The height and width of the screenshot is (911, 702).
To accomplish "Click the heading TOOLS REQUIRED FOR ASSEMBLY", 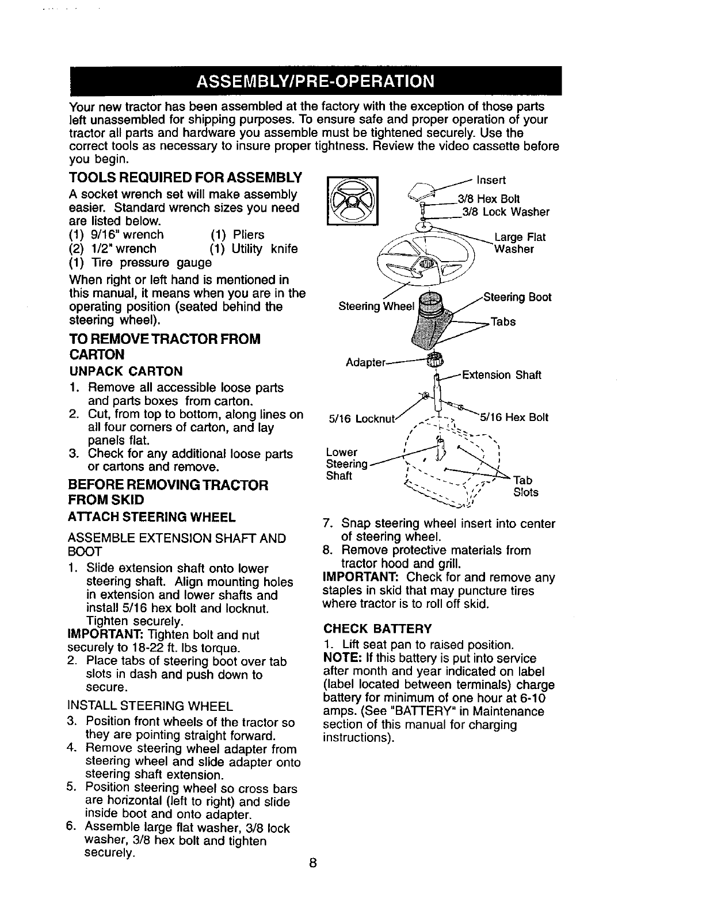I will coord(185,175).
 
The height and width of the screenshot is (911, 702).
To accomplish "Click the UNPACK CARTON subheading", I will coord(126,371).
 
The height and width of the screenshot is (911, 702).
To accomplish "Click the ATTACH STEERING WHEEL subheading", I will coord(152,517).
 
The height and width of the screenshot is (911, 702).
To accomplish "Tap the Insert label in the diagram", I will coord(491,180).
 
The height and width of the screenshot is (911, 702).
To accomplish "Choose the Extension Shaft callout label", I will coord(501,376).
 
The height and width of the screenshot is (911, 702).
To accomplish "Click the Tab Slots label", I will coord(525,486).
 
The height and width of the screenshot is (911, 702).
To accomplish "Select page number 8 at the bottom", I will coord(312,863).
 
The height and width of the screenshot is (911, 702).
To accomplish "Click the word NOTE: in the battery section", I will coord(342,658).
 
